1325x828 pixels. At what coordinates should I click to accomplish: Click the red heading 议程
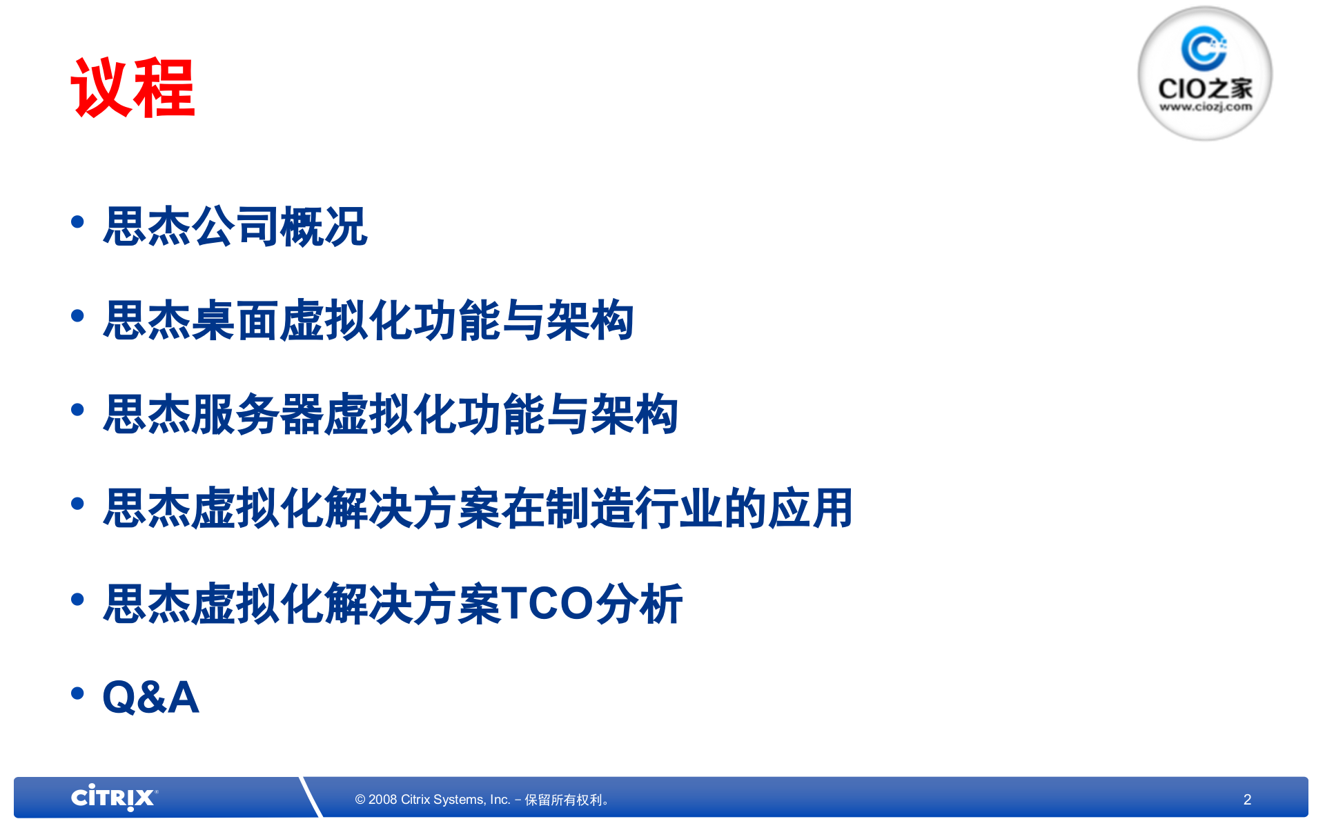tap(132, 88)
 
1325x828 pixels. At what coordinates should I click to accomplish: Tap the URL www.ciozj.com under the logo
tap(1205, 107)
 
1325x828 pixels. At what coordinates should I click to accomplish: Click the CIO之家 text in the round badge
tap(1205, 88)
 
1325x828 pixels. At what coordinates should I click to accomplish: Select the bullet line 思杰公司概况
tap(235, 226)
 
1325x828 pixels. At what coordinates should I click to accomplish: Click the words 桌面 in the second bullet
tap(235, 321)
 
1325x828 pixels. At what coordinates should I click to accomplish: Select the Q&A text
tap(150, 697)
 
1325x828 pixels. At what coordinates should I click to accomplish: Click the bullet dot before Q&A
tap(77, 693)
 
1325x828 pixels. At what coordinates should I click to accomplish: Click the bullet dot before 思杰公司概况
tap(77, 221)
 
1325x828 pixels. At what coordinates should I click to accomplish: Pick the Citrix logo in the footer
tap(114, 798)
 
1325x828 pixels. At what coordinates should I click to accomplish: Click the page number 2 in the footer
tap(1247, 799)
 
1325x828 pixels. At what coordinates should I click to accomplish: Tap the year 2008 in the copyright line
tap(382, 800)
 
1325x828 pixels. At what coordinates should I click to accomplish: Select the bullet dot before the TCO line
tap(77, 599)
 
